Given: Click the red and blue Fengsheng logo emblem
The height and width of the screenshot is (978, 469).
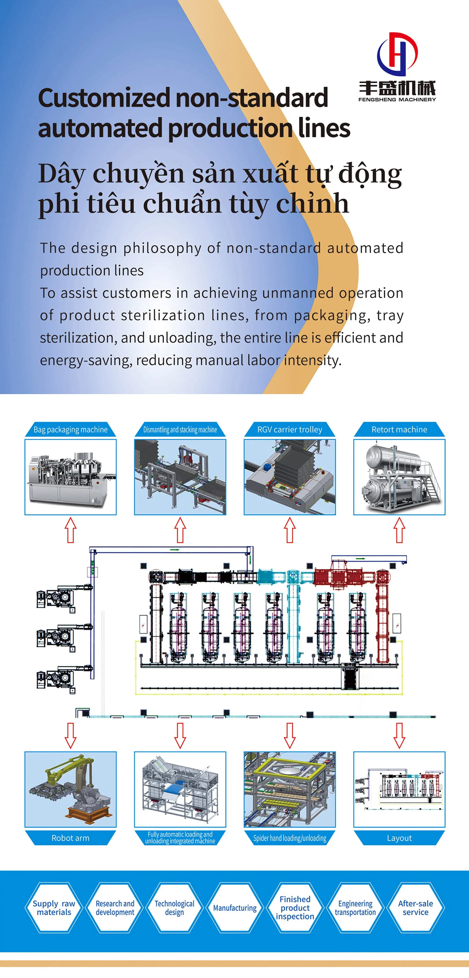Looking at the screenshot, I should (x=397, y=54).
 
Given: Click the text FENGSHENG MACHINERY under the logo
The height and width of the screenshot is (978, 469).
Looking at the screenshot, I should (x=397, y=100).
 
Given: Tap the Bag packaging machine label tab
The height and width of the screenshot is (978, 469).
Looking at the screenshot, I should (x=71, y=429).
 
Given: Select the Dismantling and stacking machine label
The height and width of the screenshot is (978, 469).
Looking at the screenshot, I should (x=180, y=429).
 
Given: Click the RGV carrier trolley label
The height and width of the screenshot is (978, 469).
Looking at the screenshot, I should (x=290, y=429).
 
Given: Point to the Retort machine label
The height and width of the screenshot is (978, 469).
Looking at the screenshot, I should (x=399, y=429).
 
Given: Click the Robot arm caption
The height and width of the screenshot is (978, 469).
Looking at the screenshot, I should (x=71, y=838).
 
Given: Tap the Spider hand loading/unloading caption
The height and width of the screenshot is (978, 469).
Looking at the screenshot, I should (x=290, y=838).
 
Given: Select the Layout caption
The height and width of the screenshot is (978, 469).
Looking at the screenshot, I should (x=399, y=838).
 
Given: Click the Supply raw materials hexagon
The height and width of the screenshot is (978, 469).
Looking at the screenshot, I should (x=54, y=908).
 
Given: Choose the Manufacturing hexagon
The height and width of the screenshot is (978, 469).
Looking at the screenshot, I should (x=235, y=908).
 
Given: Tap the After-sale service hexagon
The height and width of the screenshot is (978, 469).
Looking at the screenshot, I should (x=415, y=908).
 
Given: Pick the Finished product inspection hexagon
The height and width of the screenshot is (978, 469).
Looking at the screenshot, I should (x=295, y=908).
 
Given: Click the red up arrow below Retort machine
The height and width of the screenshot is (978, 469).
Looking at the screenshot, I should (x=399, y=530).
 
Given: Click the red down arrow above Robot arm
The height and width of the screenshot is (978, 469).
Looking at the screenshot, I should (x=71, y=735).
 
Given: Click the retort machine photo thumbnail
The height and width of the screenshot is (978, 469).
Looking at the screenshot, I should (x=399, y=477).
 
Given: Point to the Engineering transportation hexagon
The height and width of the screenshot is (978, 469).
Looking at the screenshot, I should (x=355, y=908).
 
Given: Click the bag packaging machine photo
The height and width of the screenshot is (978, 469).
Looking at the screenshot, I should (x=71, y=477).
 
